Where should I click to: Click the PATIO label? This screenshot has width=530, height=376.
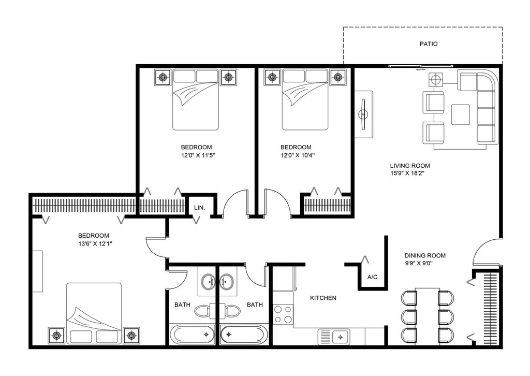click(428, 44)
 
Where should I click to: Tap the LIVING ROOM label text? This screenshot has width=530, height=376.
click(410, 166)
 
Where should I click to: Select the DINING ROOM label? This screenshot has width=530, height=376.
click(425, 256)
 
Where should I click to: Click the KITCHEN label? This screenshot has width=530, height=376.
click(323, 298)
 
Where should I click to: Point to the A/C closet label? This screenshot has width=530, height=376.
click(372, 277)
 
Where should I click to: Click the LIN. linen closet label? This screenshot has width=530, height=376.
click(199, 208)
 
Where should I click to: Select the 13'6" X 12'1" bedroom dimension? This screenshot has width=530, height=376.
click(95, 244)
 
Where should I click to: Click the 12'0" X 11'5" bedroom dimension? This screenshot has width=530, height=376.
click(198, 155)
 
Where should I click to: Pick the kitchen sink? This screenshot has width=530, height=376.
click(334, 337)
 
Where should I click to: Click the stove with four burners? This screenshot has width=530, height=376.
click(283, 314)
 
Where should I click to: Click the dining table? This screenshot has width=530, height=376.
click(427, 316)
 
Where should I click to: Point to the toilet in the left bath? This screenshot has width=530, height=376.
click(202, 311)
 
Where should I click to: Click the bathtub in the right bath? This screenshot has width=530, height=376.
click(244, 335)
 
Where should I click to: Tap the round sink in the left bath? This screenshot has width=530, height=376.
click(208, 281)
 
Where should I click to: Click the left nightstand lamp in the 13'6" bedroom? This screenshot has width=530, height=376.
click(56, 336)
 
